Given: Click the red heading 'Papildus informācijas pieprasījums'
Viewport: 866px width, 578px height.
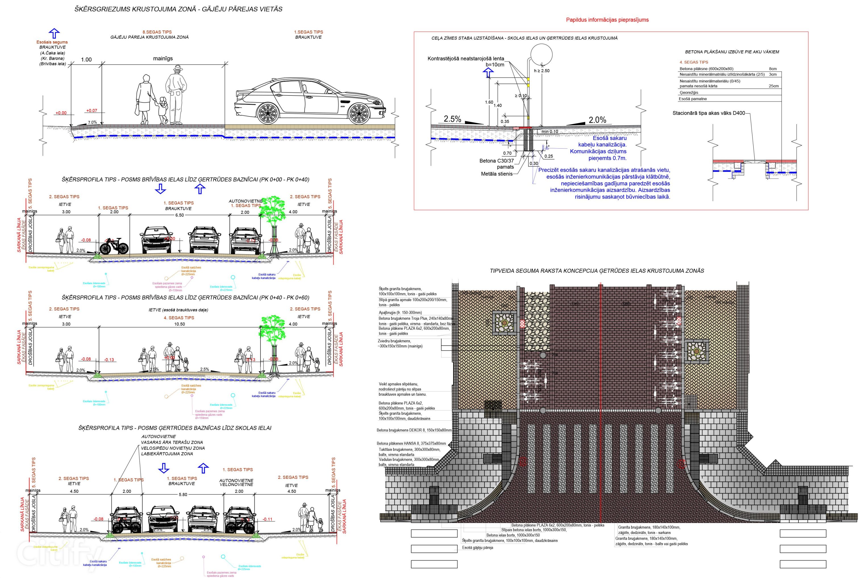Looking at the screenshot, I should [x=607, y=20].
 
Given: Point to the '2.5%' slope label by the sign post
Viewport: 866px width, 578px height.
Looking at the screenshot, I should [x=452, y=119].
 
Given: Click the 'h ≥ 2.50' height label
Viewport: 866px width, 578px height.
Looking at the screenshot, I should [x=542, y=71].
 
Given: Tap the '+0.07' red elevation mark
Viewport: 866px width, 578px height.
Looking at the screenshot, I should [x=92, y=110].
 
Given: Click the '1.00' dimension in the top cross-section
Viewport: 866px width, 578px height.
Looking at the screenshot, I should [x=86, y=60].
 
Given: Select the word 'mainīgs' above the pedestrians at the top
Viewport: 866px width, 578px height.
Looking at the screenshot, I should [x=163, y=58].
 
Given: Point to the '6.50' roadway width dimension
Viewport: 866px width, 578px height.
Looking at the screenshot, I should [x=179, y=215].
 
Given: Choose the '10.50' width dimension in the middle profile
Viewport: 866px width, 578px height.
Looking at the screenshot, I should [x=179, y=324].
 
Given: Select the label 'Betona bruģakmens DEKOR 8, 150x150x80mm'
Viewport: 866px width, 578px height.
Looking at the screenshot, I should [x=414, y=430].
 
